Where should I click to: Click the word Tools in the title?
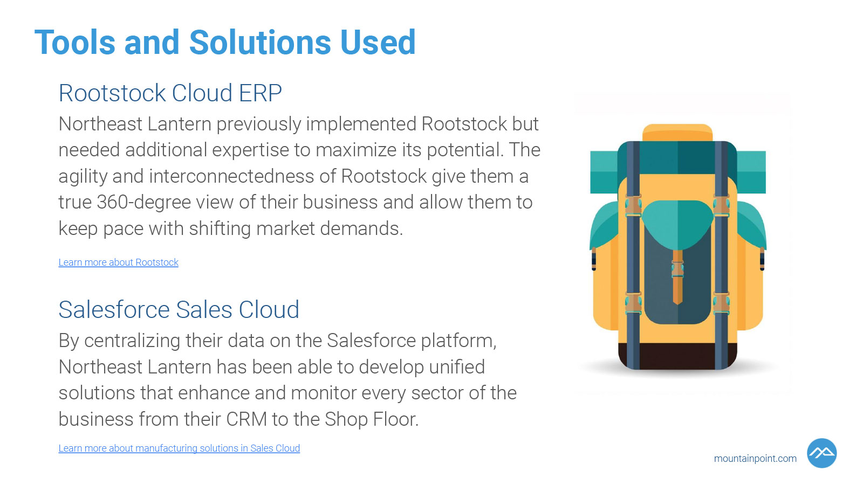[75, 43]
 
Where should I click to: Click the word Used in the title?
[378, 43]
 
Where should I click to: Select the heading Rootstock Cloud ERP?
[170, 93]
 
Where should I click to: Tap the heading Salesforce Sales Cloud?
[179, 309]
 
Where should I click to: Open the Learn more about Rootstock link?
[118, 262]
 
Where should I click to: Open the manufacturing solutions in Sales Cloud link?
[179, 448]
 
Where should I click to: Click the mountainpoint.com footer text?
[755, 459]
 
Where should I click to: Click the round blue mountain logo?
[822, 453]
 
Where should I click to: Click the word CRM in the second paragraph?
[246, 419]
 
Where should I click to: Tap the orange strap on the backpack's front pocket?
[677, 277]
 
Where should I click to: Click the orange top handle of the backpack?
[677, 132]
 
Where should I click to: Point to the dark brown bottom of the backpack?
[677, 356]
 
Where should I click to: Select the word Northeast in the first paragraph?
[100, 124]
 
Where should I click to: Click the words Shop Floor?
[372, 419]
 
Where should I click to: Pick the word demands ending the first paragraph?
[361, 228]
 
